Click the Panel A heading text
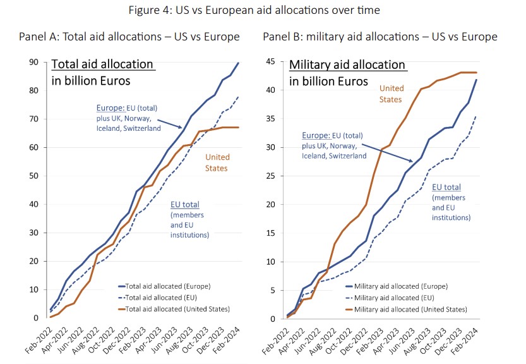(129, 37)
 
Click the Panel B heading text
(380, 37)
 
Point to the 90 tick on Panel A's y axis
(35, 62)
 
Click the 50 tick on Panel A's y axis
(35, 176)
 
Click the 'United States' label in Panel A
(217, 162)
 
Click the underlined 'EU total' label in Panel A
(186, 205)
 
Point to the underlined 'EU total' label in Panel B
(446, 188)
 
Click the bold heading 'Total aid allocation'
(102, 64)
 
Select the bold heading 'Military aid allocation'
(347, 64)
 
